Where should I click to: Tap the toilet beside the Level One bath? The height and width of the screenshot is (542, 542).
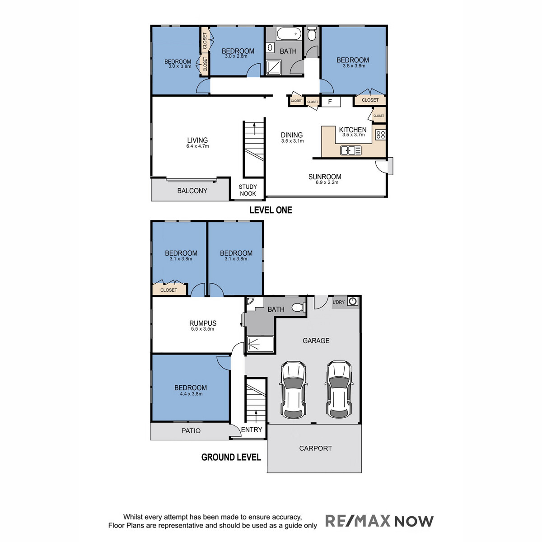coord(311,33)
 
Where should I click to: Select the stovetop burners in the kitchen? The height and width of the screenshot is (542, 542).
coord(381,135)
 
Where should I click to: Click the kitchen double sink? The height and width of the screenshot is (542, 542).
coord(351,150)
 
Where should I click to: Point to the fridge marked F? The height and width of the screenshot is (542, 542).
coord(331,102)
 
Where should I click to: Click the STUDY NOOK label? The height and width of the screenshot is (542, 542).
coord(248,190)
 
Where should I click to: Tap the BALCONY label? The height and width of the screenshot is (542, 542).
coord(192,191)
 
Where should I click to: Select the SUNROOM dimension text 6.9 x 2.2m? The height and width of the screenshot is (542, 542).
coord(327,182)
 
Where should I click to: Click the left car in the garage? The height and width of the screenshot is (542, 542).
coord(293,390)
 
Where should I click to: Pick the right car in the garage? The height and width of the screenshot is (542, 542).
coord(339,390)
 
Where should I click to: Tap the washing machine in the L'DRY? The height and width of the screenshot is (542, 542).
coord(352,302)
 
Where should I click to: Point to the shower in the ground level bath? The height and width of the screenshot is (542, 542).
coord(260,344)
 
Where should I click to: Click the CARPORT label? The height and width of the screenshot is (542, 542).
coord(315,449)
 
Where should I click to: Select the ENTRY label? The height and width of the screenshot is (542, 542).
coord(252,430)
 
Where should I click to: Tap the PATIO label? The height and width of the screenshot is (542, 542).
coord(191,430)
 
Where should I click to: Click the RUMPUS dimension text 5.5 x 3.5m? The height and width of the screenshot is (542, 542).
coord(202,329)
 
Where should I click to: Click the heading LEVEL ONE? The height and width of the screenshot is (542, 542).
coord(271,210)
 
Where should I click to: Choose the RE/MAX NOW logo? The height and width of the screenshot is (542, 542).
coord(379,521)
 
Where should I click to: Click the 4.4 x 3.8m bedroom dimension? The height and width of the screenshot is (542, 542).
coord(191,394)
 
